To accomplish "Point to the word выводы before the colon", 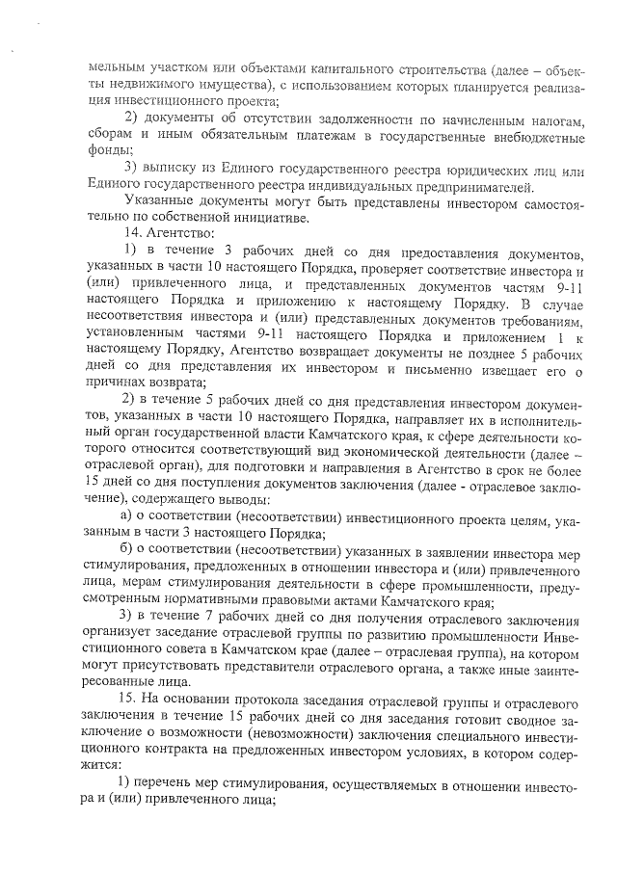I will [x=242, y=501].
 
